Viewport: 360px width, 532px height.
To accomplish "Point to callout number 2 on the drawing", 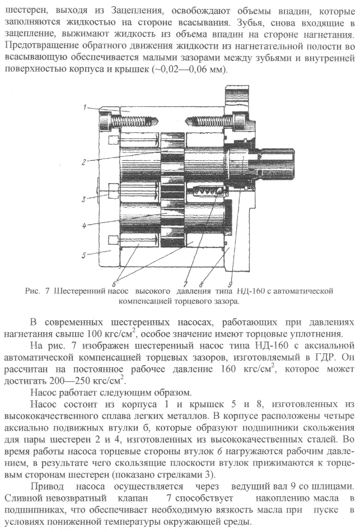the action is (x=83, y=162).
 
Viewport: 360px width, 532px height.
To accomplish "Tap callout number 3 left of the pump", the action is (x=82, y=199).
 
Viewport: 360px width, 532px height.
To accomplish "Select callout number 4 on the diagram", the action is (x=83, y=226).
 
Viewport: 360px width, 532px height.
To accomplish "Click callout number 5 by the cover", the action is (x=83, y=255).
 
